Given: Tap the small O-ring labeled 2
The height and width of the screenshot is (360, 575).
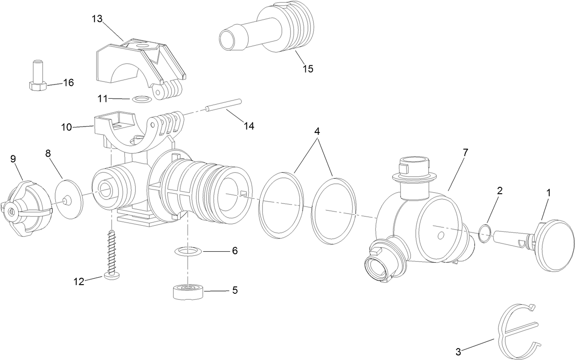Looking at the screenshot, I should click(485, 233).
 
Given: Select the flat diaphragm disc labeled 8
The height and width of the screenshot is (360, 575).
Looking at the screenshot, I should click(68, 199).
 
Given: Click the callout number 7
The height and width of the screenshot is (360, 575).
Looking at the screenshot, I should click(465, 153).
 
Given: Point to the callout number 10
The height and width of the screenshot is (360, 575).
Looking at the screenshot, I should click(67, 127).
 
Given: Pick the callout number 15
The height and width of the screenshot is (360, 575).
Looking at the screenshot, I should click(308, 69).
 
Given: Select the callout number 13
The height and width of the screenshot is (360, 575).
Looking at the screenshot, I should click(97, 19).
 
